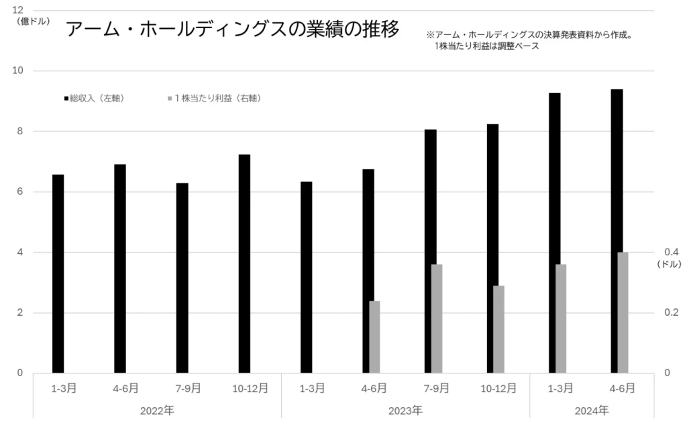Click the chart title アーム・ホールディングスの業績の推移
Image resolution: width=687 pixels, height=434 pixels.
(232, 29)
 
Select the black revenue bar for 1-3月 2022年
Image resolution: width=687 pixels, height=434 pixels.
(58, 273)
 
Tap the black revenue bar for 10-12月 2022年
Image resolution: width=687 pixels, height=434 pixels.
(244, 263)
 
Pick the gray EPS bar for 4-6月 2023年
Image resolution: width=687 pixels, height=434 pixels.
(374, 337)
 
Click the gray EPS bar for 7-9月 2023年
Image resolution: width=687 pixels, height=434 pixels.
(437, 318)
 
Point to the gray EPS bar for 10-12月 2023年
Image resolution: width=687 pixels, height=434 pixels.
(498, 329)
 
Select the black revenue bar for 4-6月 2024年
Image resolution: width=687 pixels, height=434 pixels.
(617, 231)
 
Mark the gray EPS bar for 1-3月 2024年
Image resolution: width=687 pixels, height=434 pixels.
(561, 318)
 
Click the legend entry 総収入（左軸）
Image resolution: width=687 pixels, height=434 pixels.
(94, 98)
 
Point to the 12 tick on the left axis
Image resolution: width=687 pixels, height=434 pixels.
(18, 10)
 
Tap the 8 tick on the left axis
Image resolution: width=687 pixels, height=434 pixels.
(20, 131)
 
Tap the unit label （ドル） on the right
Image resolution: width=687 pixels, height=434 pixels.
(670, 265)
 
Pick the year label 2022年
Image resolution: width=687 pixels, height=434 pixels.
(157, 410)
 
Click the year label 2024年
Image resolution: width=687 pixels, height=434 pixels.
(592, 410)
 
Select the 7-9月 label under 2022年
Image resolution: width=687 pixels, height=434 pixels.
(182, 388)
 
